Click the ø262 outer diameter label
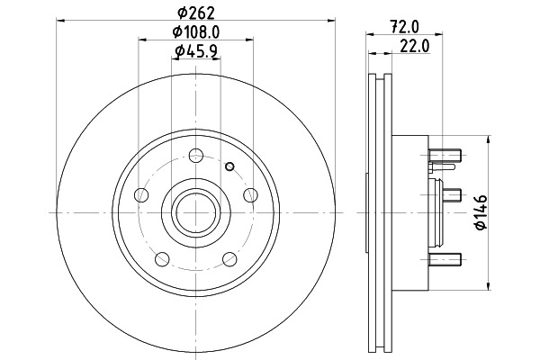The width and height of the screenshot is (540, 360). click(x=196, y=13)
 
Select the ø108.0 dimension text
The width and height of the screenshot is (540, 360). click(x=196, y=32)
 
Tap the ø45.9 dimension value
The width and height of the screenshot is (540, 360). click(x=196, y=51)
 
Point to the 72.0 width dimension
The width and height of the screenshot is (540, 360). click(x=404, y=27)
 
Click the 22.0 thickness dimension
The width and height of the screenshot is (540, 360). click(x=415, y=46)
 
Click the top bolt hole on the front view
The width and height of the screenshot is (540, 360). click(x=196, y=156)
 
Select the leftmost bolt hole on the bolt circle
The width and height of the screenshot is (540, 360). click(x=141, y=195)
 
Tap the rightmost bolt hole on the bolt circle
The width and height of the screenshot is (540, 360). click(x=250, y=195)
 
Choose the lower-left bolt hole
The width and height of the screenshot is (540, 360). click(x=162, y=259)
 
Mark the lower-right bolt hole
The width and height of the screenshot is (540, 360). click(x=229, y=259)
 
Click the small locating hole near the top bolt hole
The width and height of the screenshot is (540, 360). click(x=229, y=166)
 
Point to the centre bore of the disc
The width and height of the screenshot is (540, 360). click(x=196, y=213)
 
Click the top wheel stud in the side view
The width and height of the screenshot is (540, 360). click(x=445, y=156)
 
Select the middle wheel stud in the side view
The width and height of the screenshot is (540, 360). click(x=452, y=195)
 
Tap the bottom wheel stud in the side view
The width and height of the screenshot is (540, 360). click(x=445, y=259)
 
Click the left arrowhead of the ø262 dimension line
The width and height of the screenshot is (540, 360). click(x=60, y=21)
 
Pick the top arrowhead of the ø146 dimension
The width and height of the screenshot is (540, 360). click(x=489, y=139)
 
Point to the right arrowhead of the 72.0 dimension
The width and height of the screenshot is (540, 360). click(x=438, y=34)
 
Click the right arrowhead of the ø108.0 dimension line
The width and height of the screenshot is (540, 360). click(x=249, y=40)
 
